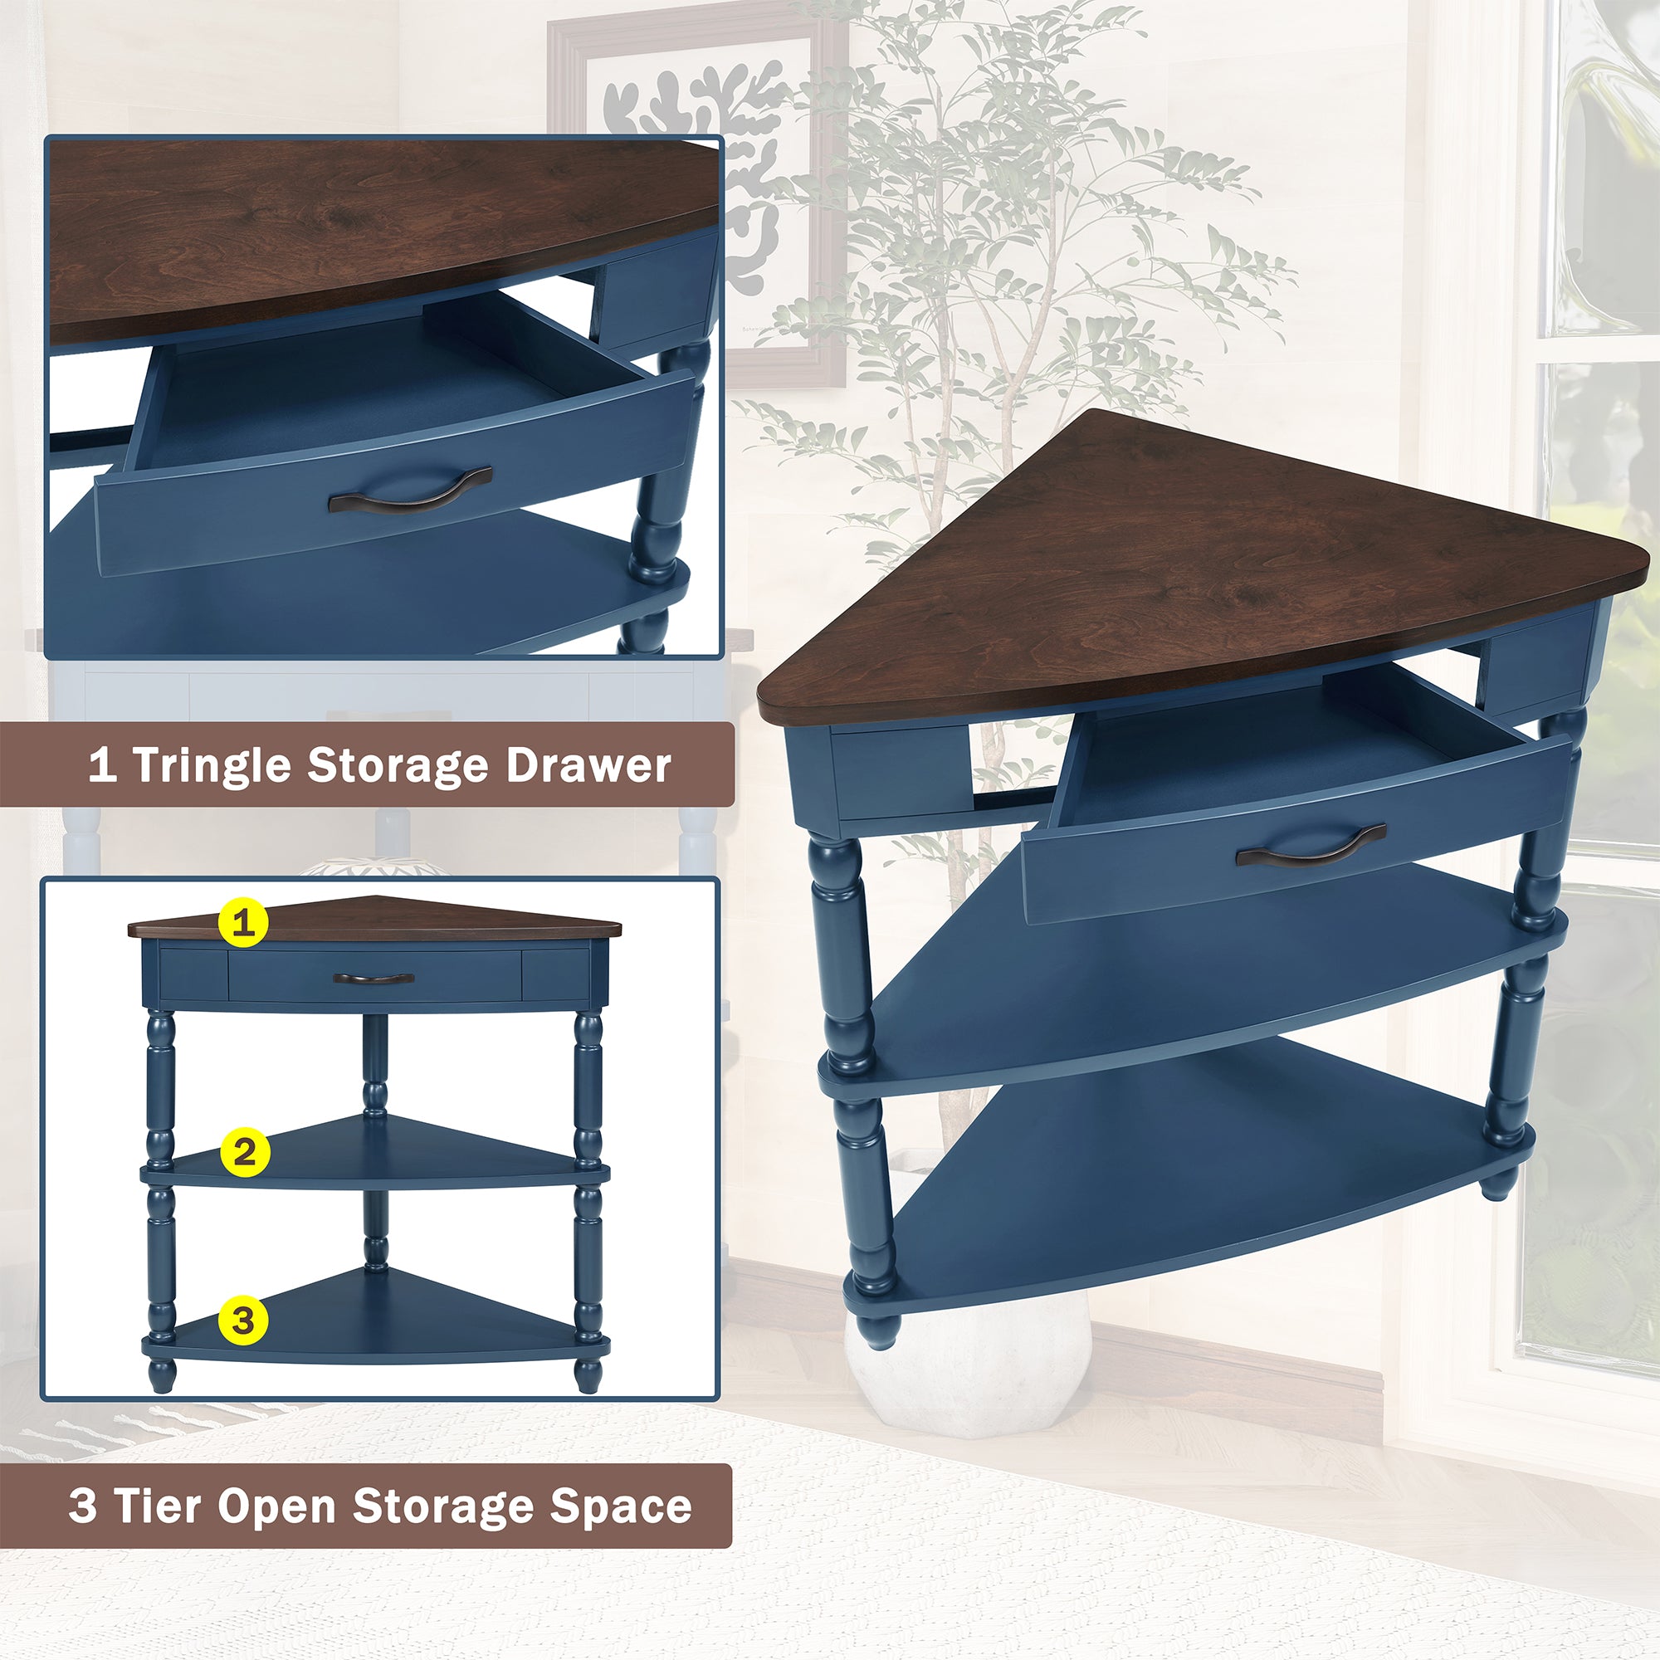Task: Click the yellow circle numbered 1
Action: (244, 924)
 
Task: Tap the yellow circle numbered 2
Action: (244, 1151)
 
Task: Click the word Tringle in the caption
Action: (213, 764)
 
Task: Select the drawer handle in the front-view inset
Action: (373, 978)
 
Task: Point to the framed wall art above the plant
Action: (696, 172)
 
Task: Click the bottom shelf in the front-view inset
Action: (378, 1327)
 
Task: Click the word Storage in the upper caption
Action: (398, 764)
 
